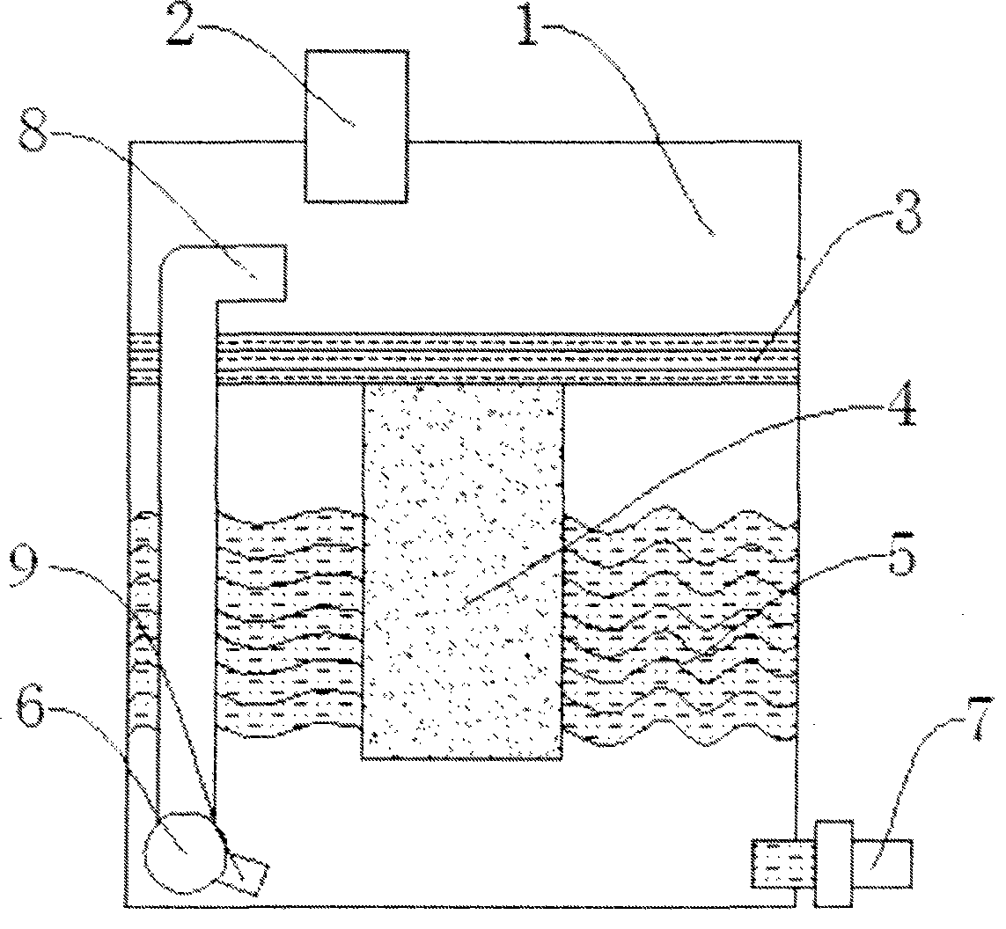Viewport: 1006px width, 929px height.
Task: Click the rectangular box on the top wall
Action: (x=356, y=127)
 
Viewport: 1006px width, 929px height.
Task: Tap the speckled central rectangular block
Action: (x=462, y=572)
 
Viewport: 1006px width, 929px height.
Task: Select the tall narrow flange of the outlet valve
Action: (x=833, y=862)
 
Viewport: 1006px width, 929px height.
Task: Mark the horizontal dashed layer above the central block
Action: (x=506, y=359)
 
